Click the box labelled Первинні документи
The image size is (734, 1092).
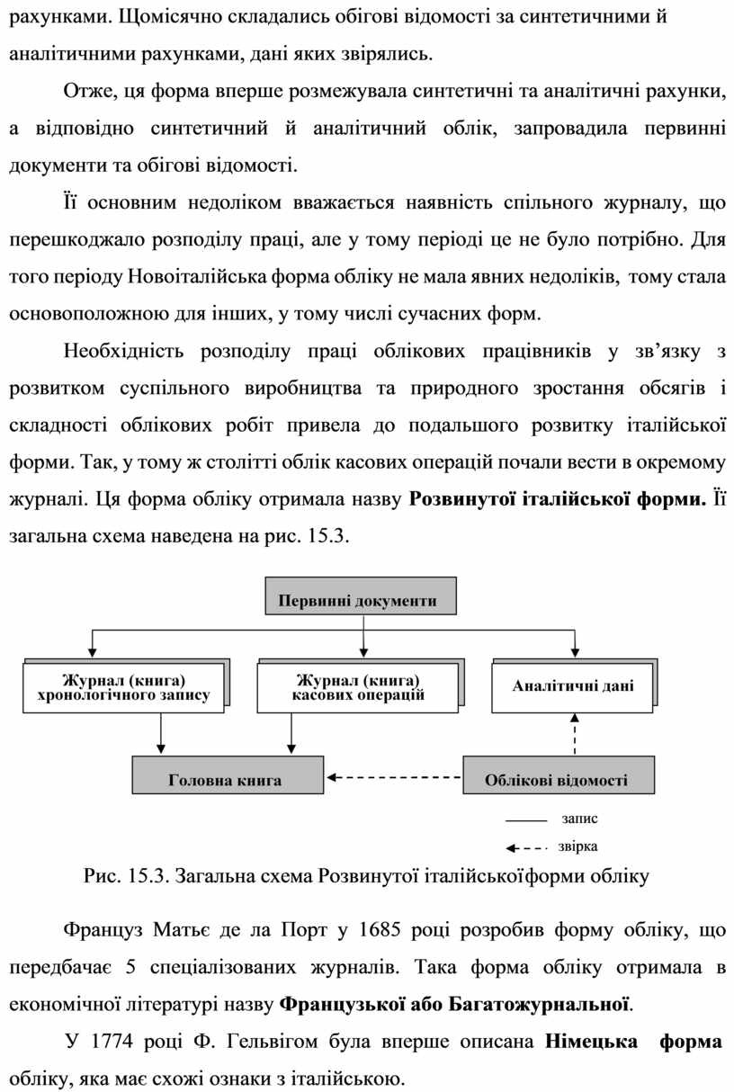[358, 600]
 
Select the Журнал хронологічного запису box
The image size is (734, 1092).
[124, 687]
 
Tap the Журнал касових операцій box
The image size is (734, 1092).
[358, 687]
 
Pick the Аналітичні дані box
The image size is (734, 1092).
[572, 687]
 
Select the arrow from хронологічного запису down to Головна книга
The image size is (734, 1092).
[160, 733]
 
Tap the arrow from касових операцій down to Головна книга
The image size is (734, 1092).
[290, 733]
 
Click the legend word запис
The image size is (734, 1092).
[578, 819]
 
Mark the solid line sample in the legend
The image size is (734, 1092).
[526, 821]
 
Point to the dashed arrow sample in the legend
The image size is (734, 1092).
[526, 847]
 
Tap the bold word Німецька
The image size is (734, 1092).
[589, 1042]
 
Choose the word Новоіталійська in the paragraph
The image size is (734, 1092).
[186, 275]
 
